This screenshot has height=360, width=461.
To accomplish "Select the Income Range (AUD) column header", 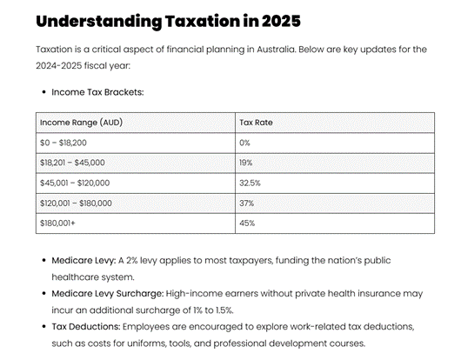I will (x=81, y=123).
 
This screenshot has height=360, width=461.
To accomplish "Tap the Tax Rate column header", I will (x=256, y=123).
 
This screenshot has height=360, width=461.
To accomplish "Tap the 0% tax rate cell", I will (x=244, y=143).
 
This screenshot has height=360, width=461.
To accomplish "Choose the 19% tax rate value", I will (x=246, y=163).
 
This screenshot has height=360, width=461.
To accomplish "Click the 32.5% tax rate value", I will (x=250, y=183).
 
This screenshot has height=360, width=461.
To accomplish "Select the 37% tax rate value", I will (x=246, y=203).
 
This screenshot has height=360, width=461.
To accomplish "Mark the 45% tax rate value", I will (x=246, y=223).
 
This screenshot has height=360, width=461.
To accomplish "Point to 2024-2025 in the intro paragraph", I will (x=60, y=65).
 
